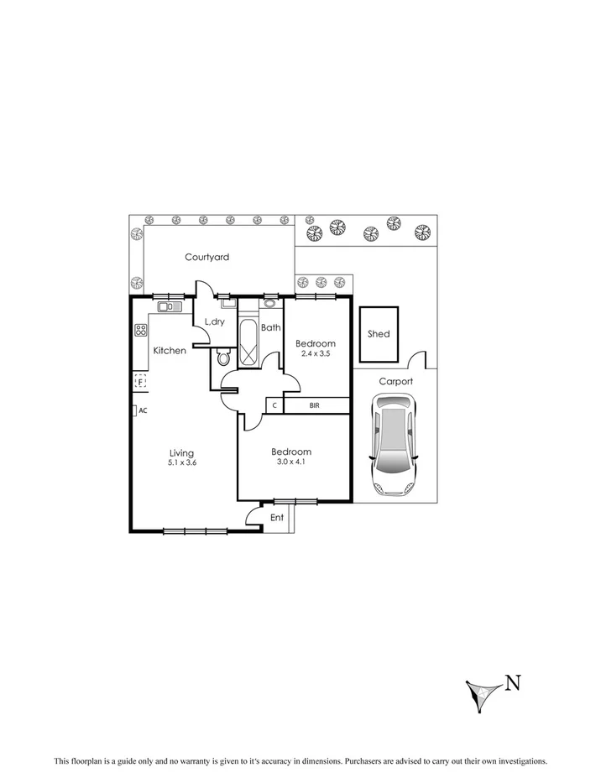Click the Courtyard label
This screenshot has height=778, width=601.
tap(206, 258)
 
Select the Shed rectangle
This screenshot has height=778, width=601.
tap(379, 334)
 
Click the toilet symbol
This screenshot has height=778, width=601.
tap(222, 358)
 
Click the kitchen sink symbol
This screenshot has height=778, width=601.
tap(169, 307)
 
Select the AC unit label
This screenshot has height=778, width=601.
tap(143, 410)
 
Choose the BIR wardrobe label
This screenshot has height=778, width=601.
tap(315, 405)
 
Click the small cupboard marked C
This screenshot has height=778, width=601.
tap(274, 405)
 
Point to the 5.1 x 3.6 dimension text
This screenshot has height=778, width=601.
tap(183, 462)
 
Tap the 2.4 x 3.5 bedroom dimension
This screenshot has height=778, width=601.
tap(316, 354)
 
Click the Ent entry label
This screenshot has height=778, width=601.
tap(277, 518)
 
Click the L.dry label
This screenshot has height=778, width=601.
tap(214, 322)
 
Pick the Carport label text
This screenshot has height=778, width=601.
tap(395, 381)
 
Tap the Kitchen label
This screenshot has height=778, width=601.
tap(170, 350)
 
